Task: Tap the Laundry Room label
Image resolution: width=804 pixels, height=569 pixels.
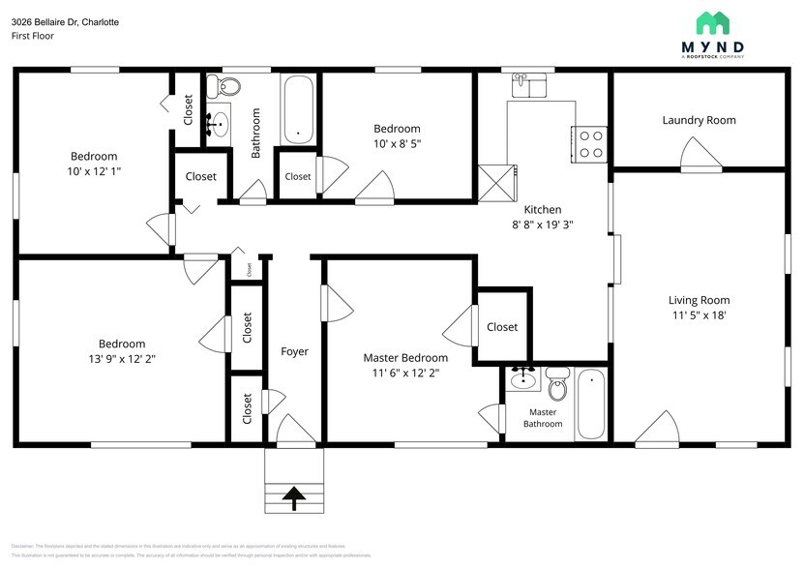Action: point(699,120)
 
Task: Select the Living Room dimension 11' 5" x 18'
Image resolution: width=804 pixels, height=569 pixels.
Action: point(699,315)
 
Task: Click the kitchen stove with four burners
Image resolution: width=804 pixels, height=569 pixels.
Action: point(589,144)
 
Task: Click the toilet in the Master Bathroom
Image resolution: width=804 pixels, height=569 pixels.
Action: point(556,384)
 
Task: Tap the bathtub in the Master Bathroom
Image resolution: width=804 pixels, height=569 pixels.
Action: point(590,404)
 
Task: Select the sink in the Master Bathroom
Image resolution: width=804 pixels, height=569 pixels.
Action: point(524,378)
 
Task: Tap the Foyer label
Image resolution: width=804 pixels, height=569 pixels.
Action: point(295,351)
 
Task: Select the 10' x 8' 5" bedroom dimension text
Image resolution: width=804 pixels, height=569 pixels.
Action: point(397,144)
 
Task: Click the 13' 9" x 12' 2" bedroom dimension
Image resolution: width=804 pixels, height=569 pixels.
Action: point(122,359)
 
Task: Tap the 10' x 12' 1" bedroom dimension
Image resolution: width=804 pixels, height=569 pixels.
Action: point(94,171)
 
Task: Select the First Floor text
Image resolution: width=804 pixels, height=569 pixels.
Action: point(33,36)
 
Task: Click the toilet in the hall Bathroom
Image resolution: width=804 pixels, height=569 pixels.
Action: point(228,87)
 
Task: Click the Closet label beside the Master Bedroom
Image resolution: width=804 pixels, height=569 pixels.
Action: point(502,327)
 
